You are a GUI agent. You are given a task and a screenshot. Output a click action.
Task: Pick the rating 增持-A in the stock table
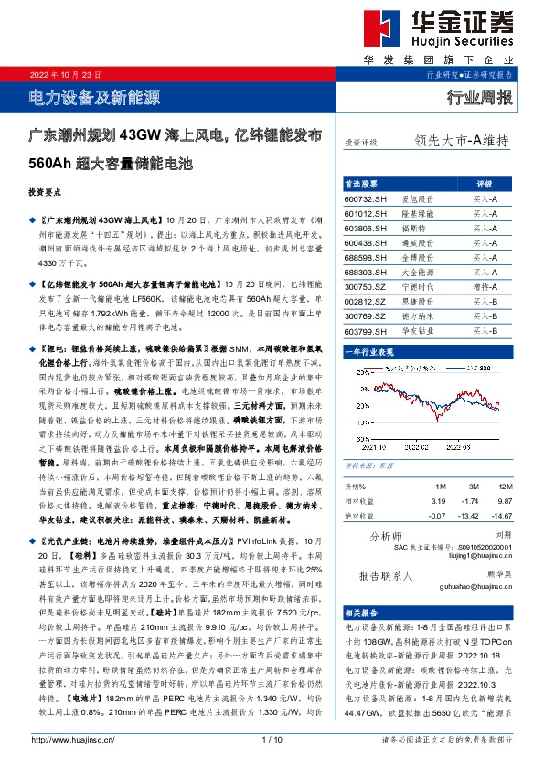[x=485, y=286]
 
